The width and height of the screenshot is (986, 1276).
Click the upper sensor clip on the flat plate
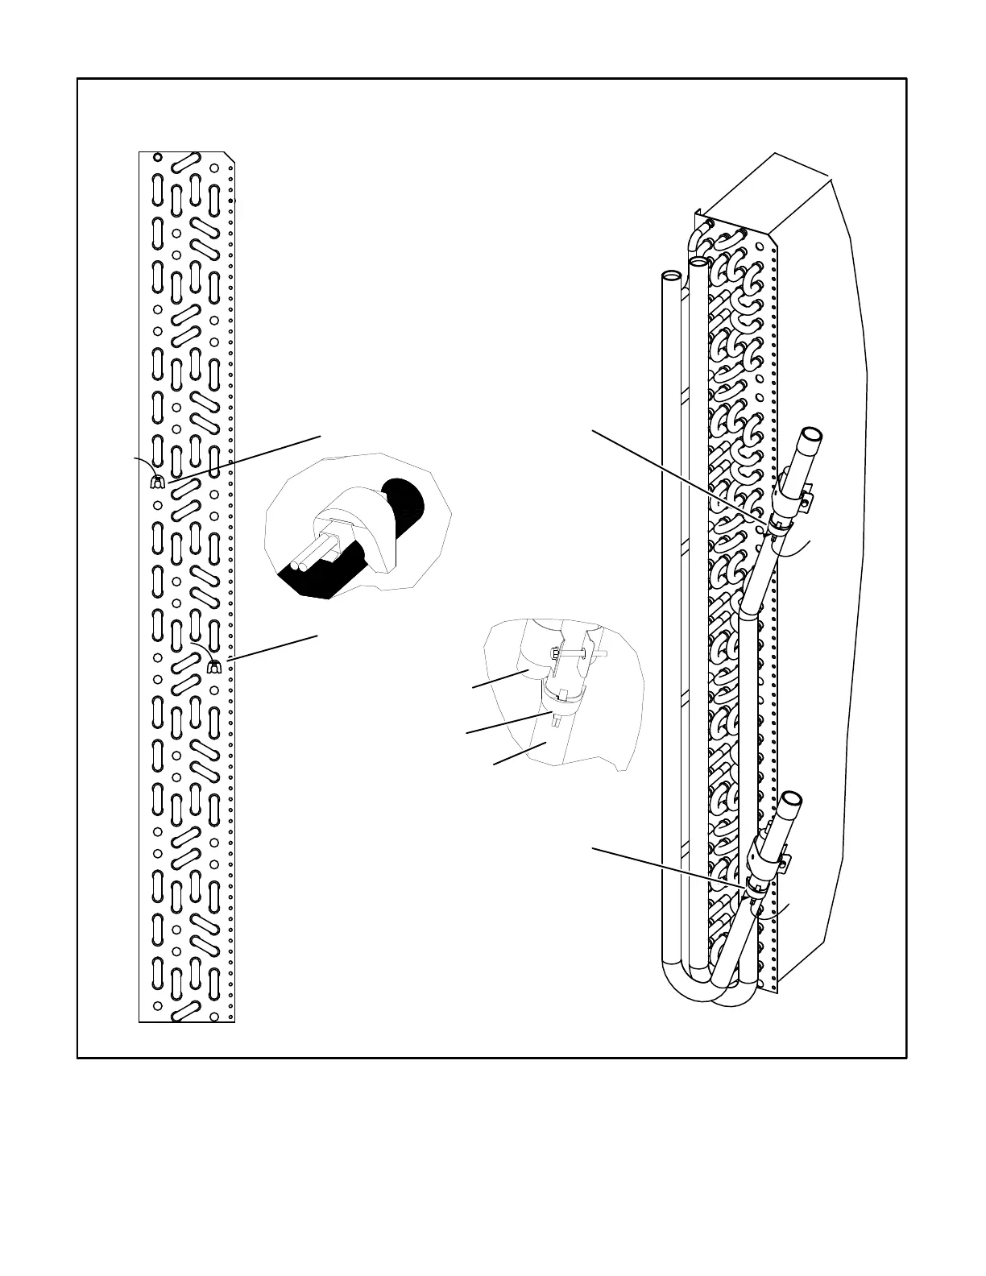click(157, 483)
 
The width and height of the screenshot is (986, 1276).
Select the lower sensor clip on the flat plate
click(214, 665)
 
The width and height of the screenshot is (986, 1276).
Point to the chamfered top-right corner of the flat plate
click(230, 156)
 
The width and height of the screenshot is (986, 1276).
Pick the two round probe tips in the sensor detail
click(299, 567)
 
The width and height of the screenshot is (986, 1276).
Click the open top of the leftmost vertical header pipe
click(670, 276)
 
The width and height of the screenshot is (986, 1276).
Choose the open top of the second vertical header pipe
click(698, 264)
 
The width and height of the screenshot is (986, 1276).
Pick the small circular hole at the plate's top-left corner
click(158, 157)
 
